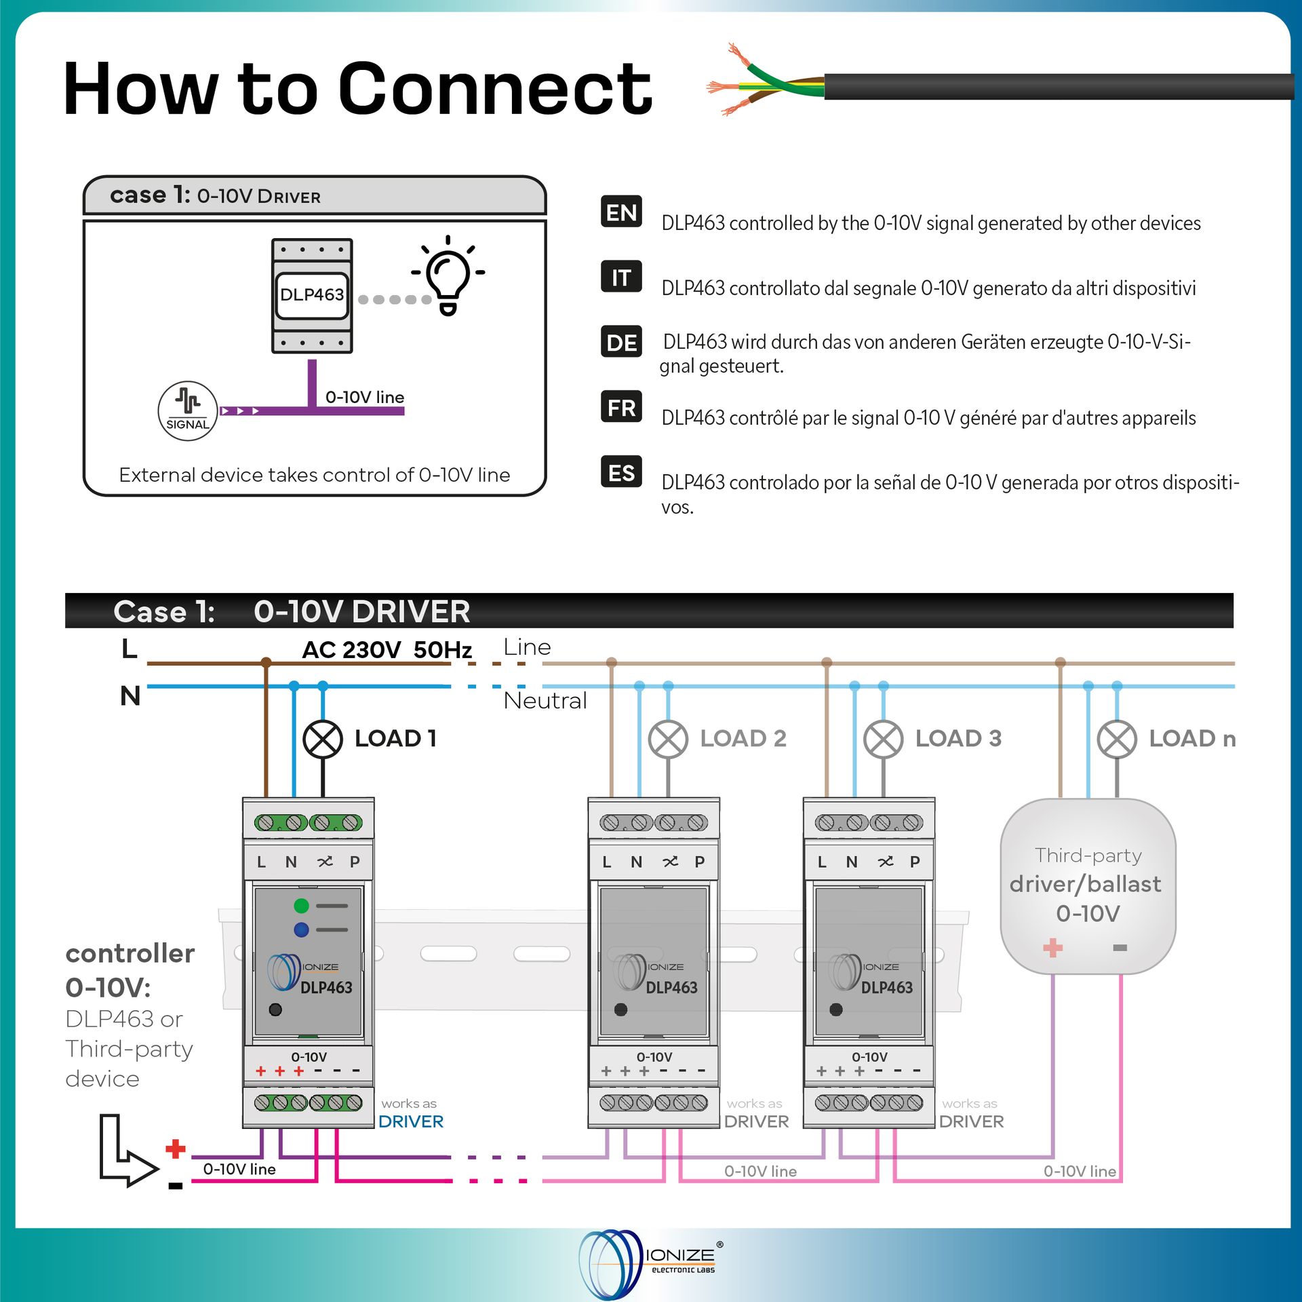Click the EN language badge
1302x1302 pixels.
coord(620,212)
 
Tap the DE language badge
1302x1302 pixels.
coord(620,342)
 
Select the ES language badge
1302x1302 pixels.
coord(620,472)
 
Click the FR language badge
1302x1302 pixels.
coord(620,407)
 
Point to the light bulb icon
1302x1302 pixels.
coord(448,275)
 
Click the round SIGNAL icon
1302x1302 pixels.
coord(187,411)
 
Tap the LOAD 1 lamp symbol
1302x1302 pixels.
coord(323,739)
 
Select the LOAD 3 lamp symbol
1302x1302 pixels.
coord(883,739)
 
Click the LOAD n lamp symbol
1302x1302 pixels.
coord(1117,739)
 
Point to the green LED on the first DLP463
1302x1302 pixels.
coord(301,906)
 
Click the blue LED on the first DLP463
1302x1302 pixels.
coord(301,930)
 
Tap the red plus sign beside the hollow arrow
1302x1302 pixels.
coord(176,1149)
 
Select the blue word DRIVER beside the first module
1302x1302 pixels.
coord(411,1122)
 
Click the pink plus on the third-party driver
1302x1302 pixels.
coord(1052,948)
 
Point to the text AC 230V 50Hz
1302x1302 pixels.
coord(387,650)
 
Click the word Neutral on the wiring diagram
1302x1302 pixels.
coord(545,700)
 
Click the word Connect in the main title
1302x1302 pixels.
coord(495,89)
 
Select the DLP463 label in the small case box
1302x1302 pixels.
coord(312,294)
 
